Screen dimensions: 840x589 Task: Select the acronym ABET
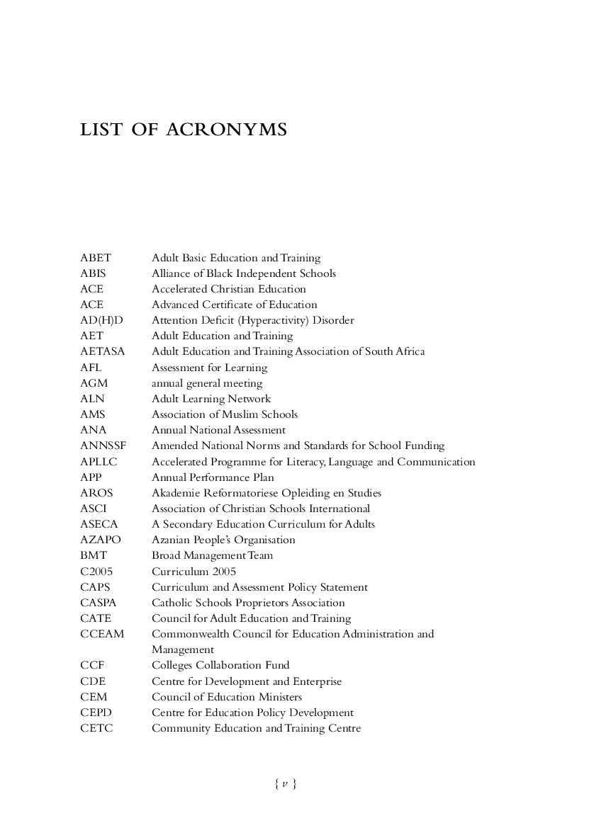[x=96, y=258]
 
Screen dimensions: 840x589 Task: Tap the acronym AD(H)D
[x=101, y=321]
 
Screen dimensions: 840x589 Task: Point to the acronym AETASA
[x=102, y=352]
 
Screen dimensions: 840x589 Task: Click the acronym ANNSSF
[x=103, y=446]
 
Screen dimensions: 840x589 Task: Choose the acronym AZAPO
[x=101, y=540]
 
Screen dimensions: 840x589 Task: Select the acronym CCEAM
[x=102, y=634]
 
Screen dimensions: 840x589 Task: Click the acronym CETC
[x=96, y=728]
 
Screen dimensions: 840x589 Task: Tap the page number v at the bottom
[x=284, y=783]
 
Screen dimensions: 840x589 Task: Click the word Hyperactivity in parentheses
[x=276, y=321]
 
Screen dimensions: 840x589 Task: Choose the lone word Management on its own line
[x=182, y=649]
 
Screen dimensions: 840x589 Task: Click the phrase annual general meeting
[x=207, y=383]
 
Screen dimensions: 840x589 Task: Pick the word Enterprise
[x=318, y=681]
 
